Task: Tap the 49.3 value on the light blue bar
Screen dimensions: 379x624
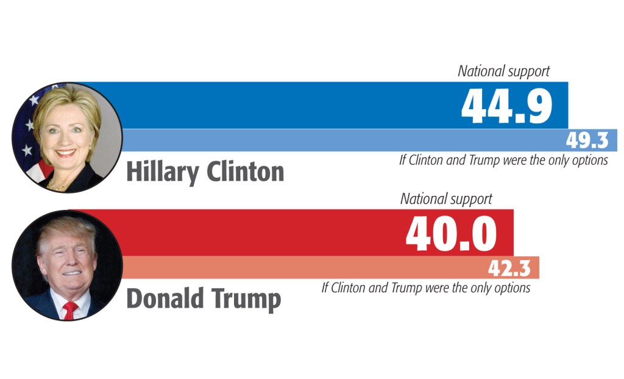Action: pyautogui.click(x=587, y=141)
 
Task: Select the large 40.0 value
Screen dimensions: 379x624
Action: pyautogui.click(x=451, y=233)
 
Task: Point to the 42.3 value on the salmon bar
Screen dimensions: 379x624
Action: pyautogui.click(x=509, y=268)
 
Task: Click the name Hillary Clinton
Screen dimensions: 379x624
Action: pyautogui.click(x=205, y=173)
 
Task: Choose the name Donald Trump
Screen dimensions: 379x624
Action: pyautogui.click(x=203, y=300)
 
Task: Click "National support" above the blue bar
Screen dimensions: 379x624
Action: pyautogui.click(x=503, y=71)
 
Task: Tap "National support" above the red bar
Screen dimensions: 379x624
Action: pyautogui.click(x=446, y=199)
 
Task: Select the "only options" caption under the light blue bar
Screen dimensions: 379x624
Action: pyautogui.click(x=503, y=161)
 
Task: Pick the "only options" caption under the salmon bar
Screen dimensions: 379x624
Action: pyautogui.click(x=425, y=287)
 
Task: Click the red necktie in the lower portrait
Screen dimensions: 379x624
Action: pyautogui.click(x=70, y=310)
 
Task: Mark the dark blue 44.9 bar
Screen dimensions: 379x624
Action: pyautogui.click(x=274, y=105)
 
